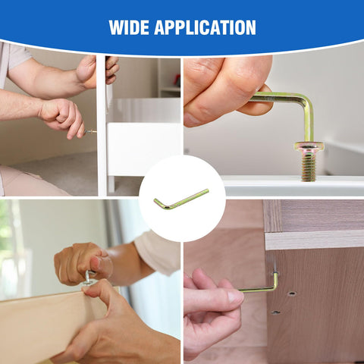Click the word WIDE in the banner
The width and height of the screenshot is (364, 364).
click(130, 28)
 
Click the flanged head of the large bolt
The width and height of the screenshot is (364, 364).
click(309, 146)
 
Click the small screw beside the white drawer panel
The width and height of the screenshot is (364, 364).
click(92, 131)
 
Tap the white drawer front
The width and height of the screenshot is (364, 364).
click(143, 149)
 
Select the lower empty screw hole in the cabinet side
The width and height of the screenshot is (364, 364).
click(275, 311)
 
